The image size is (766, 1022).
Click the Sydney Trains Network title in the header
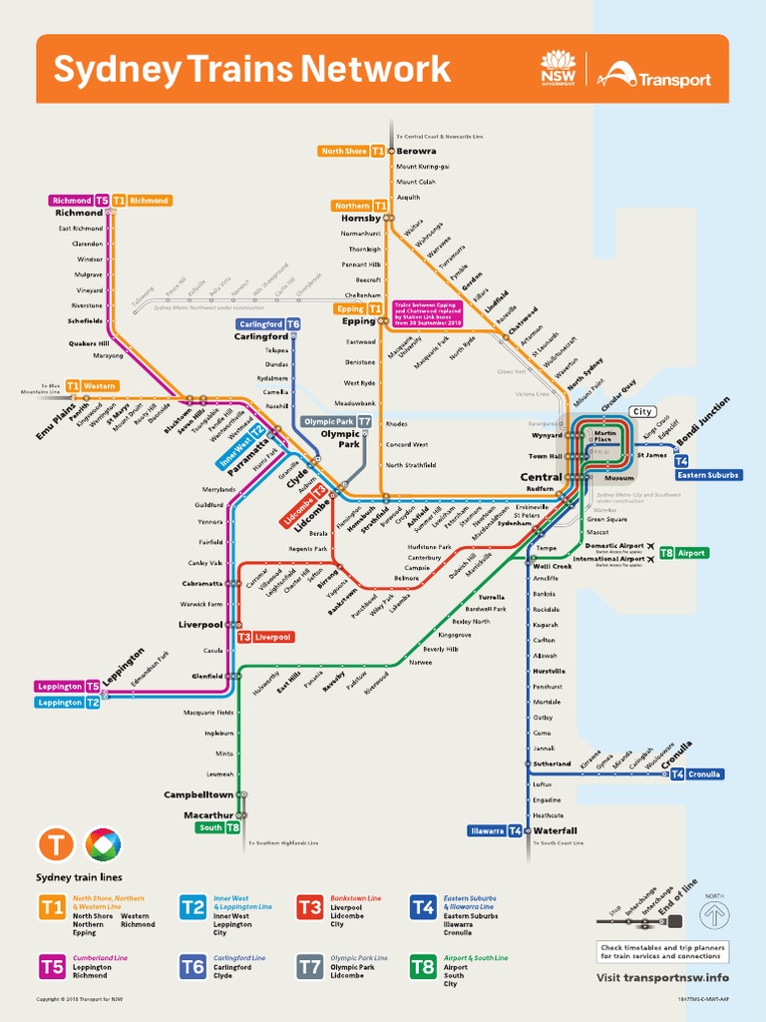[x=251, y=70]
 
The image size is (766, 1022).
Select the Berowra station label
[x=416, y=151]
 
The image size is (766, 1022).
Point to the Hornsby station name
[x=361, y=218]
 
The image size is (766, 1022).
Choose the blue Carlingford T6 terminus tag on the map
[x=268, y=324]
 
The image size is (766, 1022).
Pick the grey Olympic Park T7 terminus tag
[x=337, y=421]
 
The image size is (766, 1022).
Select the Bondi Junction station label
[x=704, y=422]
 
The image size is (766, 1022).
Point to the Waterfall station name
[x=555, y=830]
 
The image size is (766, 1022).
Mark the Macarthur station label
[x=208, y=815]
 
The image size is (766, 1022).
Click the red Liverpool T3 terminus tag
[x=264, y=637]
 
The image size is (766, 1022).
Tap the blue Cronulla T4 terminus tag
[x=696, y=773]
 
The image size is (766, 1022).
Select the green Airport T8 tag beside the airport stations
[x=683, y=552]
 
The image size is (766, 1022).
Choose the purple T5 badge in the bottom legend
[x=52, y=966]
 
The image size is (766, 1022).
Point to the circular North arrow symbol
[x=714, y=914]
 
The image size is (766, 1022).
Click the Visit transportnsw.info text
[x=662, y=977]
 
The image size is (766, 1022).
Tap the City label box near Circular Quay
[x=642, y=411]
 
